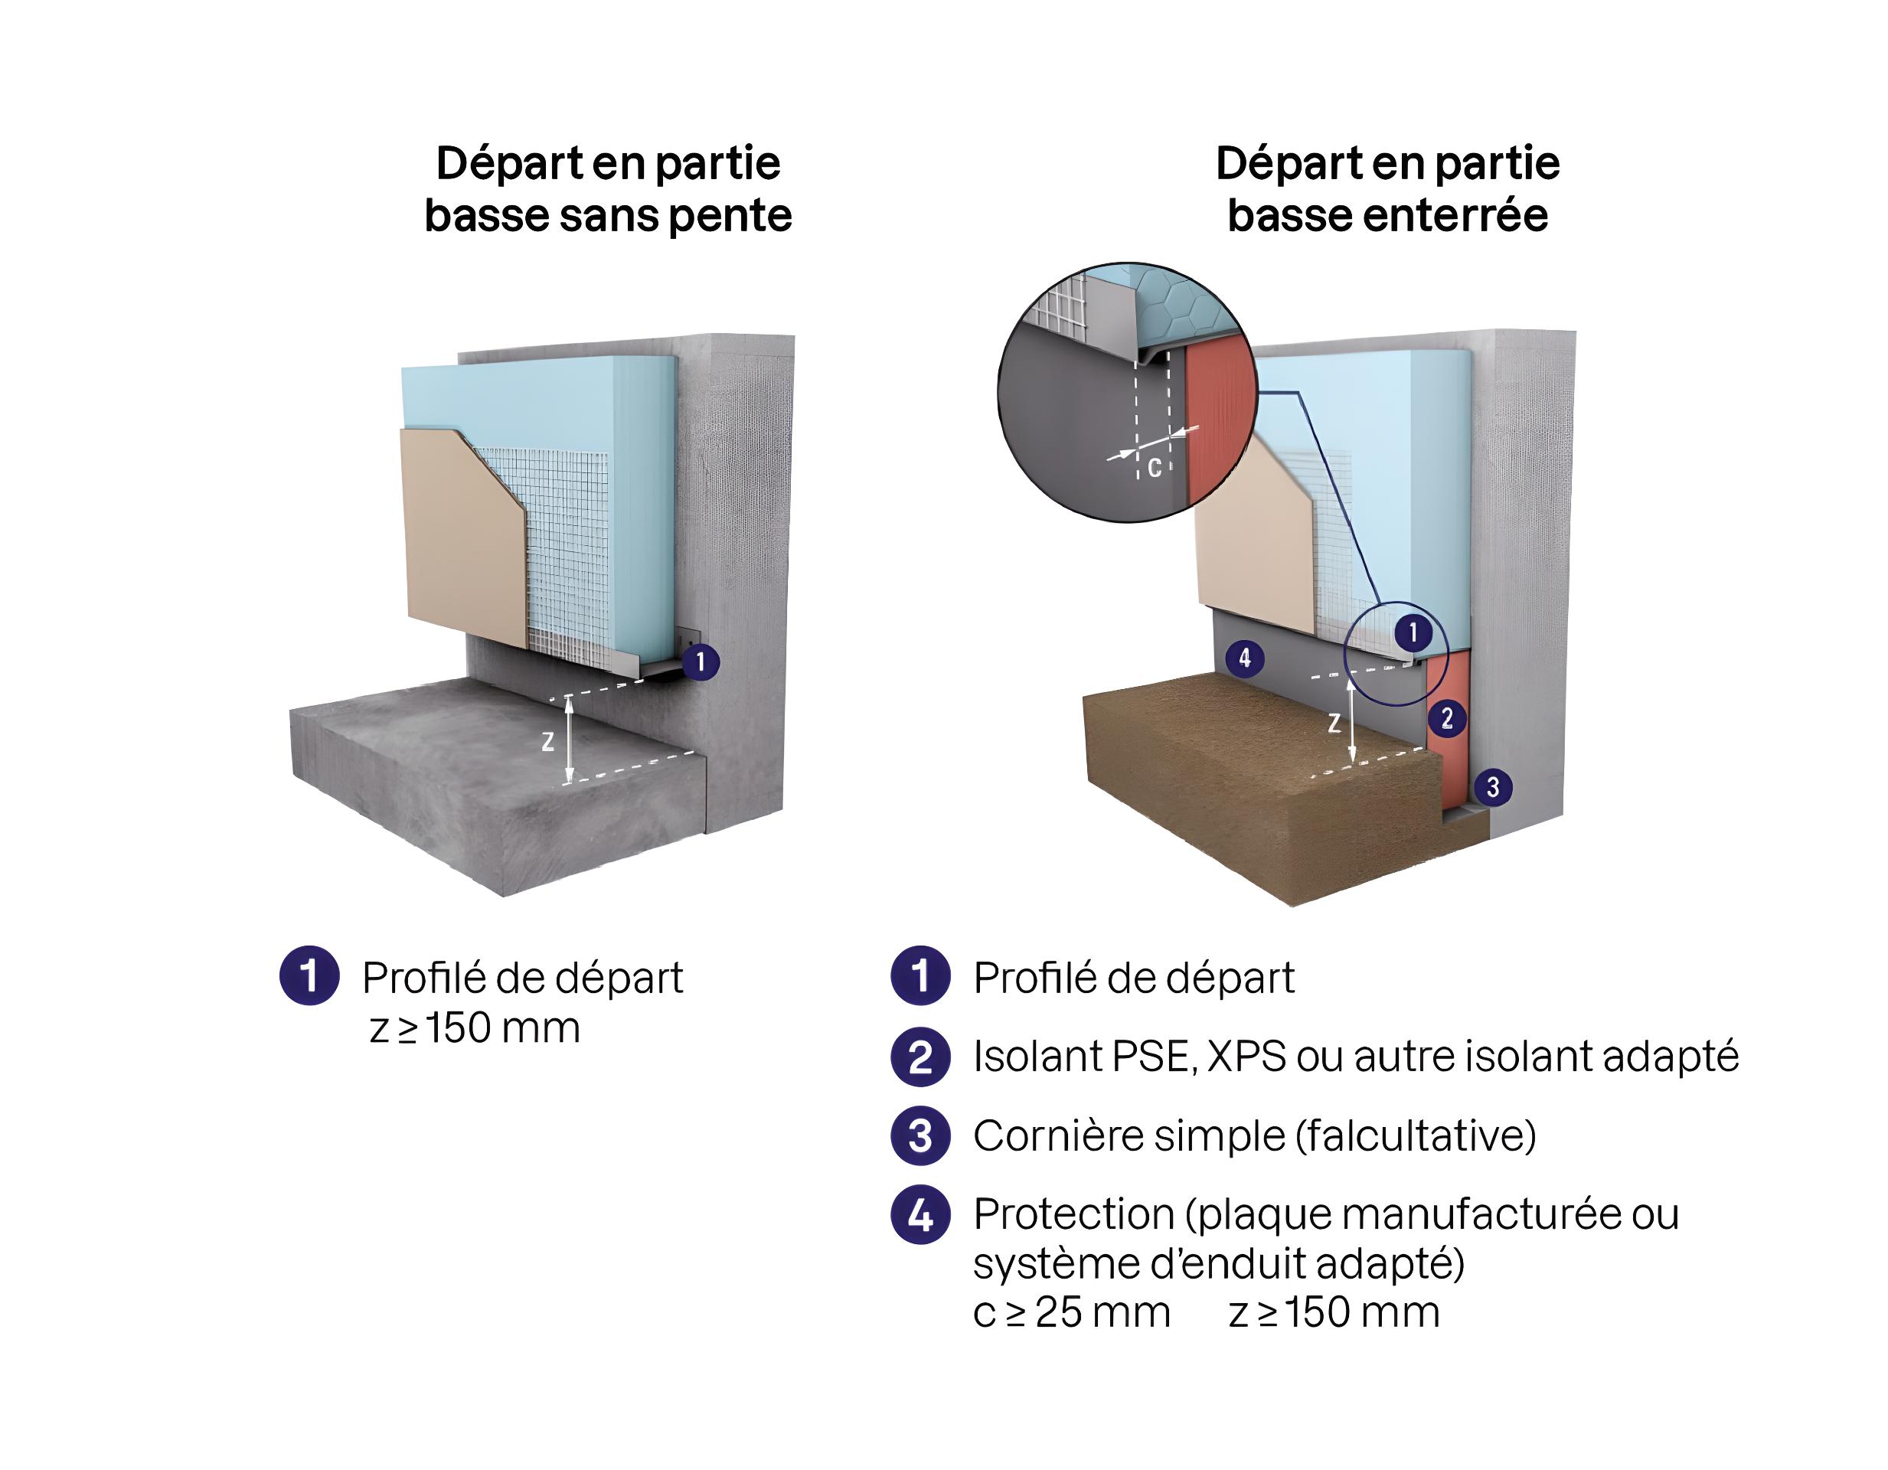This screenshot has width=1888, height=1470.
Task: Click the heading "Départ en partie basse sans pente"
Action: point(608,188)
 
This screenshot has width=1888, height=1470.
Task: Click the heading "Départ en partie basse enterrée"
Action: point(1387,188)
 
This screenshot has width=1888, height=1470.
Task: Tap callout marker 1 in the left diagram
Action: point(701,662)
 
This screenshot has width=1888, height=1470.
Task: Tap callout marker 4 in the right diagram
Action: point(1245,658)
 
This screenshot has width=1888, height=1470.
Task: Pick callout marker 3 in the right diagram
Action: point(1492,787)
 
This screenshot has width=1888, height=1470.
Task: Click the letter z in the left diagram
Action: point(547,741)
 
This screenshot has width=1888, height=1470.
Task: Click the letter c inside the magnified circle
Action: point(1154,468)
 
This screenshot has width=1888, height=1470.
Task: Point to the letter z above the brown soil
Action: point(1334,723)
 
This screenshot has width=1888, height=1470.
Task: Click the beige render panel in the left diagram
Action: point(458,536)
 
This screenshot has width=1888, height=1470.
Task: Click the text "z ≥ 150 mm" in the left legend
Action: point(475,1028)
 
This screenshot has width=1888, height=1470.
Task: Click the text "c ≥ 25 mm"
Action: point(1071,1312)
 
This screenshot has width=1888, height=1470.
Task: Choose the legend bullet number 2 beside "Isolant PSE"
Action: point(921,1057)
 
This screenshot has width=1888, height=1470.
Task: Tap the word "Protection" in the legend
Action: point(1073,1214)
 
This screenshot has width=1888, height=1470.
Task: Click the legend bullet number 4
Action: point(921,1215)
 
